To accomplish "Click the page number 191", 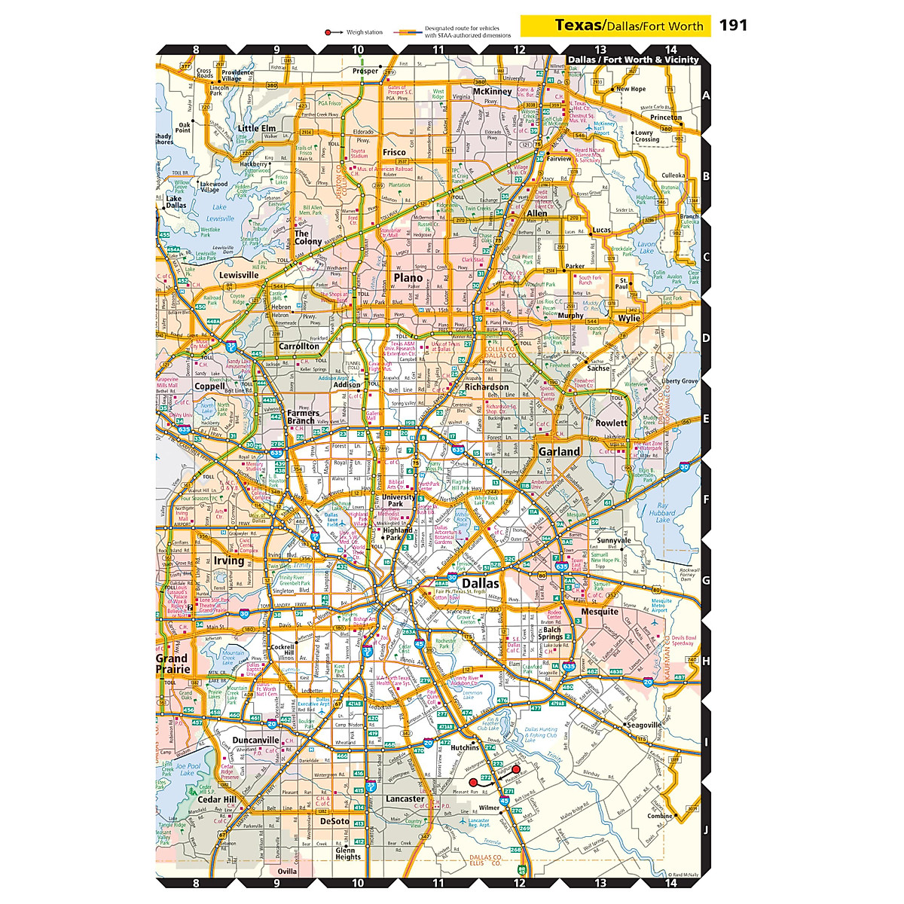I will [732, 25].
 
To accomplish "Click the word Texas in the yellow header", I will [579, 25].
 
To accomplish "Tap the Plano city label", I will [408, 277].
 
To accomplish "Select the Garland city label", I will [559, 451].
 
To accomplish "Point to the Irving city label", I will [228, 560].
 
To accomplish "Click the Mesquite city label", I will [600, 612].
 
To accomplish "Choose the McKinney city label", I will [492, 91].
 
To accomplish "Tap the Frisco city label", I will [394, 152].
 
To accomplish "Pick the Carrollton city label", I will [298, 347].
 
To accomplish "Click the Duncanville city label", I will [255, 740].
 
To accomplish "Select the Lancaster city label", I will [405, 799].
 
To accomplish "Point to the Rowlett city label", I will [611, 423].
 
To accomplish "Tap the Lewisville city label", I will [239, 275].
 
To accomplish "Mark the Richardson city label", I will [486, 386].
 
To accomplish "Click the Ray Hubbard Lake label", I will [663, 512].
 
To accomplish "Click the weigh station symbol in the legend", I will [329, 32].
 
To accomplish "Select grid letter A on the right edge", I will [706, 96].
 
